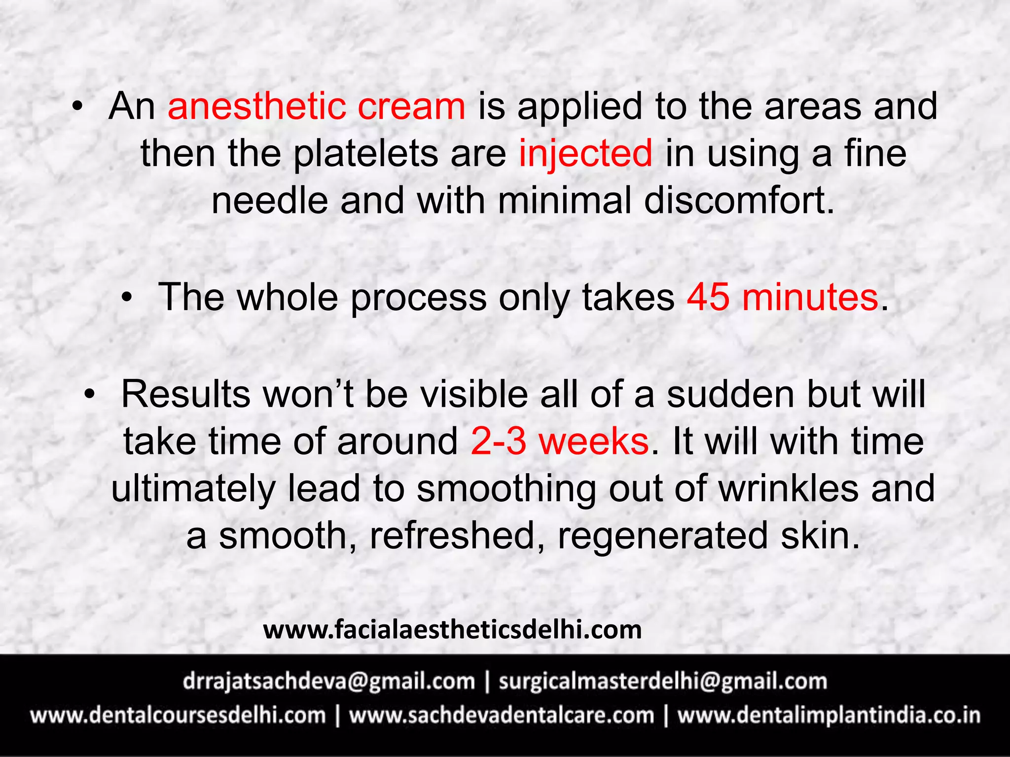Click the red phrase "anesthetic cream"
tap(316, 106)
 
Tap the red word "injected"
tap(585, 153)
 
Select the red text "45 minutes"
tap(783, 297)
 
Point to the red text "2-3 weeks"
tap(560, 441)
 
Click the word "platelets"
tap(365, 153)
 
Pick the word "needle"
tap(269, 201)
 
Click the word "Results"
tap(186, 394)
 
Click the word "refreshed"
tap(453, 536)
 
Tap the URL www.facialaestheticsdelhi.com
tap(452, 630)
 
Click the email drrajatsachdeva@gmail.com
tap(328, 682)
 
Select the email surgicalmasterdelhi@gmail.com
tap(663, 682)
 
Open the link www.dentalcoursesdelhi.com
tap(178, 716)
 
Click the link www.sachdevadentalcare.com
tap(501, 716)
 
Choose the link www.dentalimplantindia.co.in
tap(829, 716)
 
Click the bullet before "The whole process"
tap(127, 297)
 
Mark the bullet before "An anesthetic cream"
tap(77, 106)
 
